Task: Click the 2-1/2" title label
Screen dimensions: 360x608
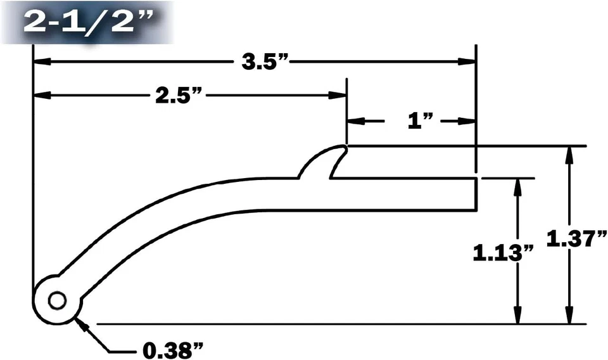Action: pyautogui.click(x=88, y=22)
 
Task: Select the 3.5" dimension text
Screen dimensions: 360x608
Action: pyautogui.click(x=265, y=62)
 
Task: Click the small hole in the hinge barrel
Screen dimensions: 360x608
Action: pyautogui.click(x=57, y=300)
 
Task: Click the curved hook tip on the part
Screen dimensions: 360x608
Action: pyautogui.click(x=343, y=148)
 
